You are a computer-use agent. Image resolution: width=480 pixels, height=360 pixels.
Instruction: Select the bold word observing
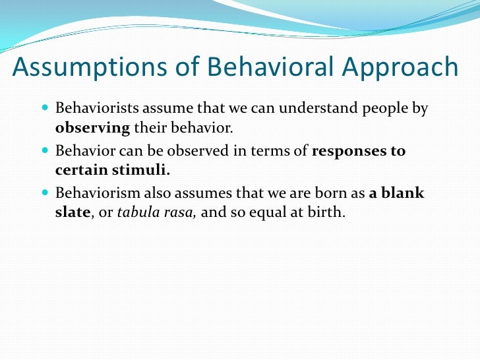tap(93, 127)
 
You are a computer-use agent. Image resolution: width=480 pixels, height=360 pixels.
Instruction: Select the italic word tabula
tap(135, 212)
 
